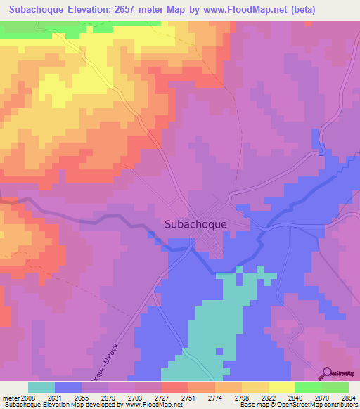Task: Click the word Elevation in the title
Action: point(98,10)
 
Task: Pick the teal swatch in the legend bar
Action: point(41,387)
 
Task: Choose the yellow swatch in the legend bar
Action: point(281,387)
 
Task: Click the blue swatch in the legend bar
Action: point(68,387)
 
